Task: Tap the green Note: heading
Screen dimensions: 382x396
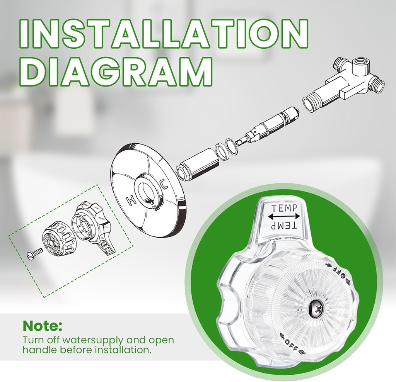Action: click(x=42, y=326)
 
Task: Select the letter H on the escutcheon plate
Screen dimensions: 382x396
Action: click(x=130, y=200)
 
